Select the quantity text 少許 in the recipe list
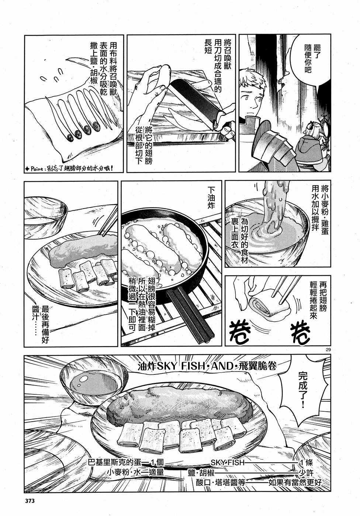pyautogui.click(x=307, y=472)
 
